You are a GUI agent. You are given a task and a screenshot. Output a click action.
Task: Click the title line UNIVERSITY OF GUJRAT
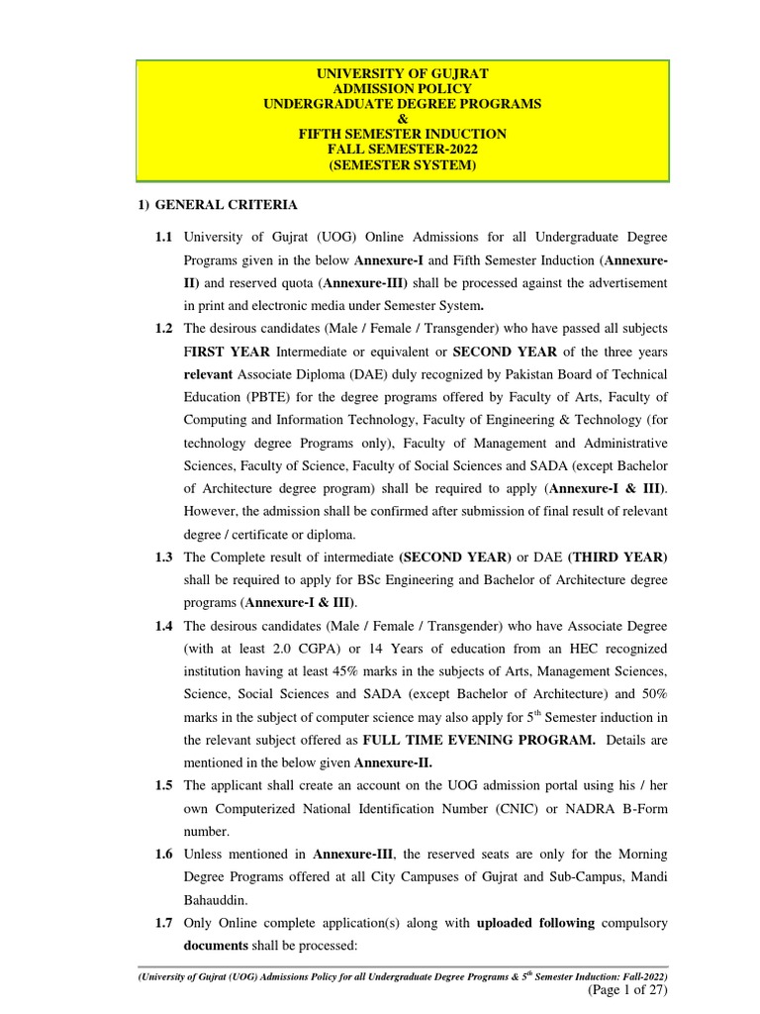click(402, 74)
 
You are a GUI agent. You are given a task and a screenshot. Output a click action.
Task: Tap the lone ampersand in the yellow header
click(402, 119)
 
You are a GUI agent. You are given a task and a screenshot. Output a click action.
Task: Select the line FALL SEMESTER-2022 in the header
click(402, 149)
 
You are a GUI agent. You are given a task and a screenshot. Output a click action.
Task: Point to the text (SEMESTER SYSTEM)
click(402, 164)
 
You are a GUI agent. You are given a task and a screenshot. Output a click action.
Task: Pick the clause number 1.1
click(163, 239)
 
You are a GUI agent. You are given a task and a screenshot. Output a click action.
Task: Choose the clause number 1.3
click(163, 558)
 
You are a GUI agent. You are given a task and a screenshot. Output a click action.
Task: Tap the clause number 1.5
click(163, 785)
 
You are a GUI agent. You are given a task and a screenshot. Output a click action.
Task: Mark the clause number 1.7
click(163, 922)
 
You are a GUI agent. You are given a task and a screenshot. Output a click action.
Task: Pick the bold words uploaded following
click(535, 922)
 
